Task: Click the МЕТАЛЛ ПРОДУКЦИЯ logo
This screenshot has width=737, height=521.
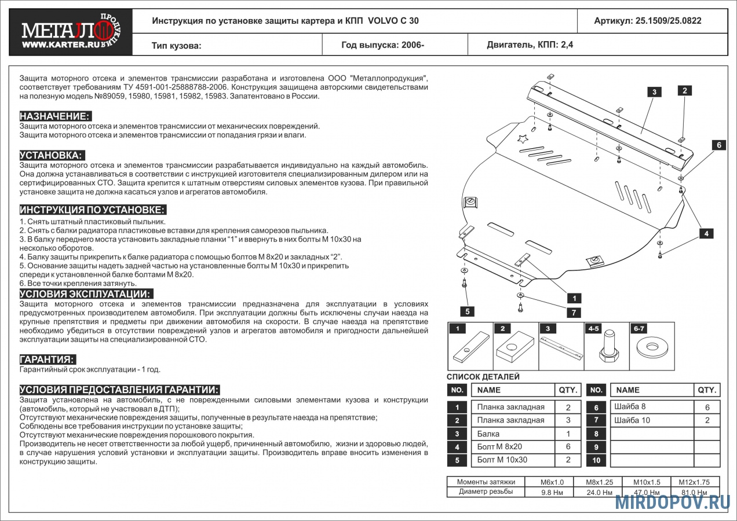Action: click(71, 32)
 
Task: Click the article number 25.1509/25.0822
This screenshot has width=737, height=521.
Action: click(668, 21)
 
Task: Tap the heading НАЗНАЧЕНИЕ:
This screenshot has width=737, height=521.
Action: click(55, 116)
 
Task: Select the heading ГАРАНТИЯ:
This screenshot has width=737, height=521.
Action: click(48, 359)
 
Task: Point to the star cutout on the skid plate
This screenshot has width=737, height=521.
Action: click(522, 140)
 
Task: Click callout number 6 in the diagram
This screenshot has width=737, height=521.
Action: click(718, 145)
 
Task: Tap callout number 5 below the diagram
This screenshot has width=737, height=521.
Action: click(467, 311)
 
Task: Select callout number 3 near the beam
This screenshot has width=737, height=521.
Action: click(654, 92)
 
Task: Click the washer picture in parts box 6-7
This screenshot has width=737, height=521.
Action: click(652, 348)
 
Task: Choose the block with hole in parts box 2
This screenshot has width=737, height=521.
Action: click(515, 347)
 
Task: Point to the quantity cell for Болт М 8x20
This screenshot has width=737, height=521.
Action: click(568, 447)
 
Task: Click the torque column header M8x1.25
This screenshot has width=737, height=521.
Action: click(600, 482)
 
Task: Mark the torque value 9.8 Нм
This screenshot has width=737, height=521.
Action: click(552, 493)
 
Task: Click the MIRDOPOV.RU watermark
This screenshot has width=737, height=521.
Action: click(673, 502)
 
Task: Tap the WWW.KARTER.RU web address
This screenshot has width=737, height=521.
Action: click(61, 45)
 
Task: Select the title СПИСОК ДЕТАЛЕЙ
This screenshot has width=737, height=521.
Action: click(483, 377)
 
